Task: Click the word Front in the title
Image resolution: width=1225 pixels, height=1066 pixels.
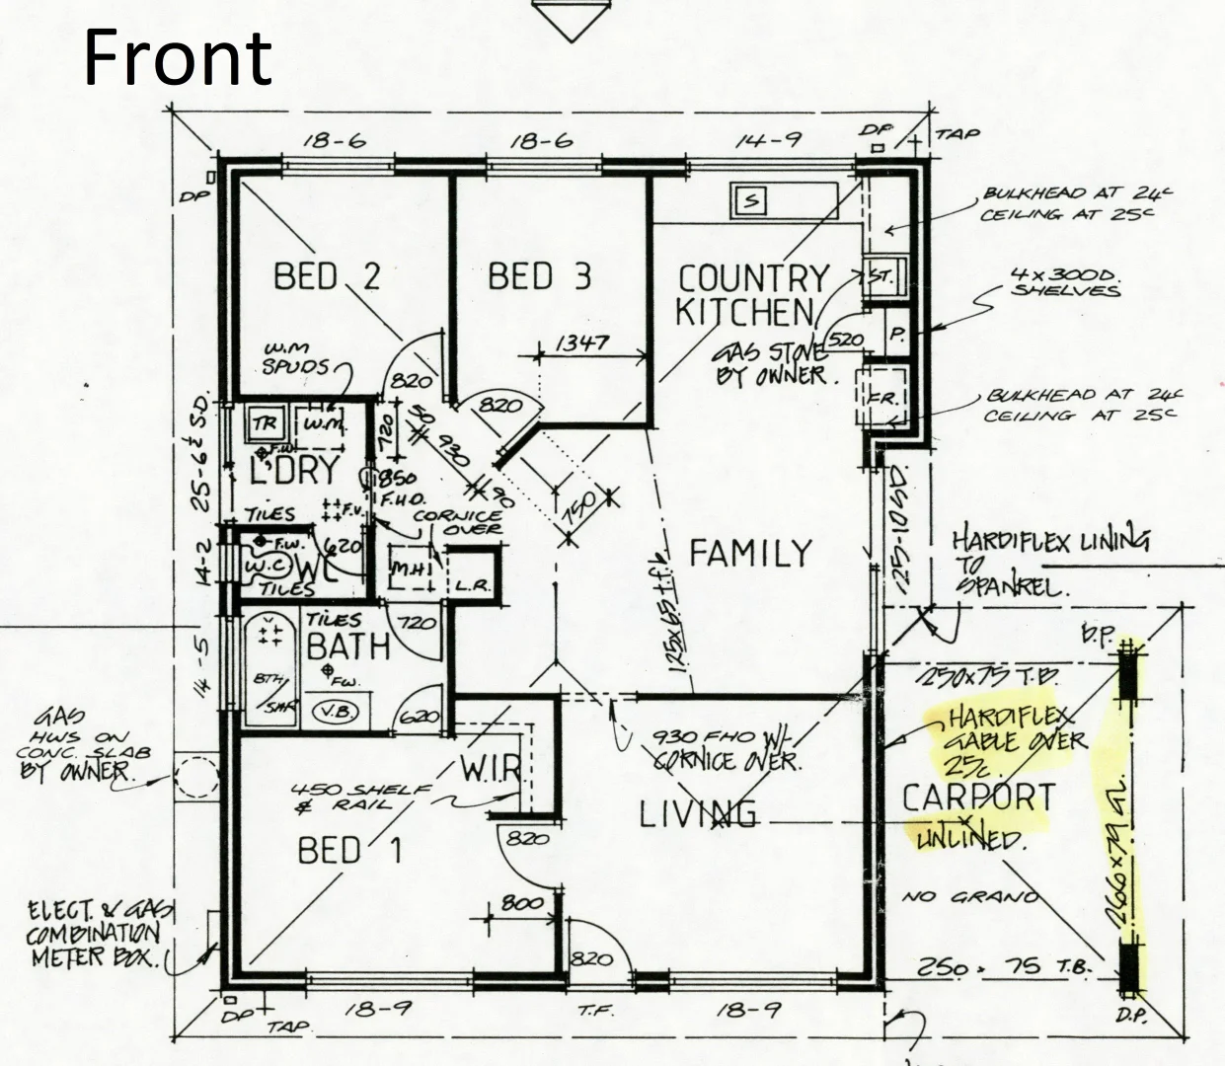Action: click(x=178, y=57)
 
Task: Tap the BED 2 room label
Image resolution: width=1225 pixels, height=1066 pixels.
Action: click(x=326, y=276)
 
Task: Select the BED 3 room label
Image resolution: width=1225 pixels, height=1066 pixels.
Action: click(x=539, y=276)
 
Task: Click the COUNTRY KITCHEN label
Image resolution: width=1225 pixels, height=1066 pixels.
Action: click(x=752, y=294)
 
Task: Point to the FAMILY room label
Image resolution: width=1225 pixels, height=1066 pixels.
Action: click(x=750, y=553)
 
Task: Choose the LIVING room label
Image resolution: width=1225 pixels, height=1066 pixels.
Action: click(x=698, y=814)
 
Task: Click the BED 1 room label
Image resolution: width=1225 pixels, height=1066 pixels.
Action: click(x=349, y=849)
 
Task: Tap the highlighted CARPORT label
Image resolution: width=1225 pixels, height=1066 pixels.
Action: click(x=978, y=798)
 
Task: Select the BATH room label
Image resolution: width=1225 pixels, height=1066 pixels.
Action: click(x=347, y=647)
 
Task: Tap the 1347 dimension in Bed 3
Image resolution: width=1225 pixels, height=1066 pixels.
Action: click(x=581, y=343)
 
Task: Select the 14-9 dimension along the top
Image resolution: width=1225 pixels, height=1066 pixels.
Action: click(x=766, y=140)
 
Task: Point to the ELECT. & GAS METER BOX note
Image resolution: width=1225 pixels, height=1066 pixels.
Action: click(x=94, y=934)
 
